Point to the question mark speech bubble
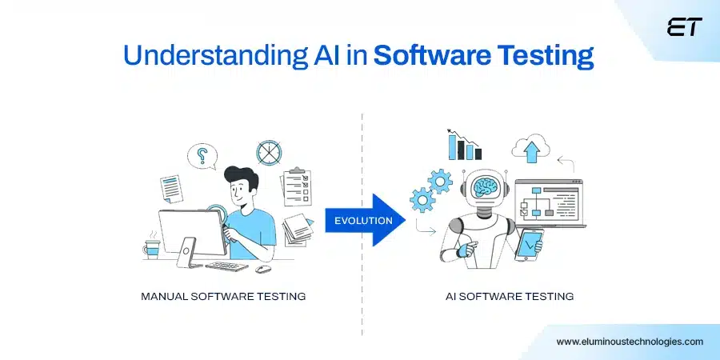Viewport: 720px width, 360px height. tap(202, 156)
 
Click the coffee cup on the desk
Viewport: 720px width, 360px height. tap(152, 248)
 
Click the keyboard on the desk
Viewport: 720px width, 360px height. tap(227, 266)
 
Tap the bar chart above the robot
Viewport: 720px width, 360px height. tap(465, 146)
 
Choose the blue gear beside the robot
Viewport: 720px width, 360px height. tap(439, 182)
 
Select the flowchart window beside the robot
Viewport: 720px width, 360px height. tap(543, 207)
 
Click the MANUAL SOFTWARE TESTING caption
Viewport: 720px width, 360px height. tap(223, 296)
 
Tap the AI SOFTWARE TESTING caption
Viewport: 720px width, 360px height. tap(510, 296)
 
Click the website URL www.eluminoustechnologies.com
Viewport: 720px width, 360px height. tap(630, 341)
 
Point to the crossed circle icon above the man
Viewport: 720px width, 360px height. tap(267, 151)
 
